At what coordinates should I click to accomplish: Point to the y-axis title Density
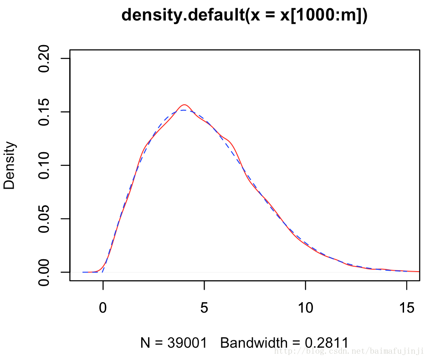point(10,165)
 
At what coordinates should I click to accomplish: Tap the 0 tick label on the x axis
point(103,309)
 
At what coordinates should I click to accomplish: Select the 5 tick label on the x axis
point(204,309)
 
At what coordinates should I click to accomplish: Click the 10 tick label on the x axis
point(305,309)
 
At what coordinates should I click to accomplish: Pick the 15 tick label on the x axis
point(406,309)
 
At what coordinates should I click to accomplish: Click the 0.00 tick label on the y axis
point(44,272)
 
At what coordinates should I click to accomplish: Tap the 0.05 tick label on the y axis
point(44,219)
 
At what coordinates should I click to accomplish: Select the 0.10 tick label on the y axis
point(44,165)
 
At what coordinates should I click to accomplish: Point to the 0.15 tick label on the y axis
point(44,112)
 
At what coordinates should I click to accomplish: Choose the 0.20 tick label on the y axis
point(44,58)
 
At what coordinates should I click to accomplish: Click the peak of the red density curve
point(184,105)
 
